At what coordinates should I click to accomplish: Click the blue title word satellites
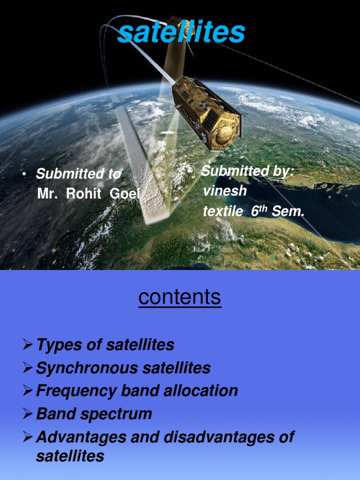(181, 32)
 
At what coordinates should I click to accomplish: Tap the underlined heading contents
(180, 297)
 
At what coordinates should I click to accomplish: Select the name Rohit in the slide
(83, 194)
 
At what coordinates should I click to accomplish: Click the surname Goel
(124, 194)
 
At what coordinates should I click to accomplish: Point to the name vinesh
(225, 191)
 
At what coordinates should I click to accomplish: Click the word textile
(223, 212)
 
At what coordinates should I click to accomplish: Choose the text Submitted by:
(247, 171)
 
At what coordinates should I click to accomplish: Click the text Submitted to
(78, 174)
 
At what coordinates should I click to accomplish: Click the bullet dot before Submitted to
(23, 175)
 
